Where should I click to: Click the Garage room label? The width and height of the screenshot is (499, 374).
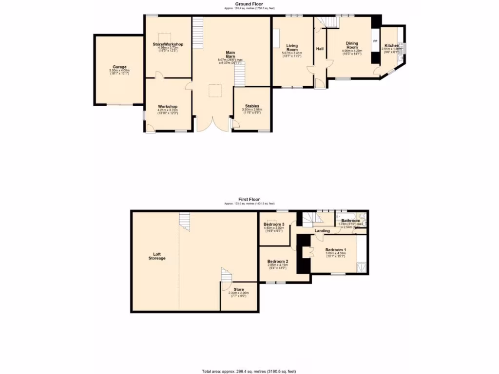(119, 67)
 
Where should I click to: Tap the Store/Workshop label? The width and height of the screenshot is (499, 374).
(168, 44)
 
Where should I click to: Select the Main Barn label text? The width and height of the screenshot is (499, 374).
(230, 54)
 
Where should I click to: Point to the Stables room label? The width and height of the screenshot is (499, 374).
(252, 106)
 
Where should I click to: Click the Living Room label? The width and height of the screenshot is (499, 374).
(292, 47)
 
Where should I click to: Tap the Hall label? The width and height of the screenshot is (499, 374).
(320, 49)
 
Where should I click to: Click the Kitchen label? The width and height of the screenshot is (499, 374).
(391, 45)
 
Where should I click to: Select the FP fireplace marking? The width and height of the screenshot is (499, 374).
(375, 41)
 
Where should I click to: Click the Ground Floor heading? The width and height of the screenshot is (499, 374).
(249, 4)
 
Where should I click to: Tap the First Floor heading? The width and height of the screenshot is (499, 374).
(249, 199)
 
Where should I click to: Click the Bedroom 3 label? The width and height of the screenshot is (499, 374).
(273, 224)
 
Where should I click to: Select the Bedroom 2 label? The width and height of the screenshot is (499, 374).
(278, 262)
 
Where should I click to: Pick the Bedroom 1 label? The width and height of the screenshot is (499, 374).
(335, 250)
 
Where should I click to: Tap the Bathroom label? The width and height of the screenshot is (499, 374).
(350, 221)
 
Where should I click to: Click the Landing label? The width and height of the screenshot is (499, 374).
(322, 230)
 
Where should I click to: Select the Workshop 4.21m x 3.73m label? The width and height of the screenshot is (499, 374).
(168, 106)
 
